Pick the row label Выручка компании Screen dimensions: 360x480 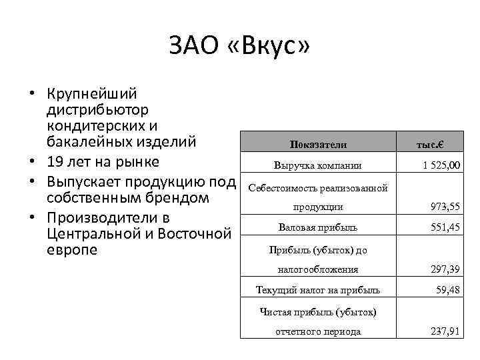318,165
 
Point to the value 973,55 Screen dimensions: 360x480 445,207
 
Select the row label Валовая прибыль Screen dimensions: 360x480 318,227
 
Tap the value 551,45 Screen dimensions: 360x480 445,227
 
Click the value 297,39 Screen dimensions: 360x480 445,269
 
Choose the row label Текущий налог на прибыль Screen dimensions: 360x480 318,289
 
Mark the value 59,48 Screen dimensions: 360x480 448,289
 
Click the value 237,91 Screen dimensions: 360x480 445,331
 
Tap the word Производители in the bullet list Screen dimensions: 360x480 99,218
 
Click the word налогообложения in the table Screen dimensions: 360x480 318,269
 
